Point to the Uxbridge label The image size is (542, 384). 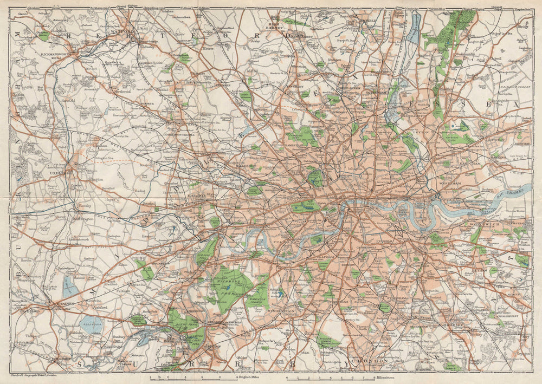61,173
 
